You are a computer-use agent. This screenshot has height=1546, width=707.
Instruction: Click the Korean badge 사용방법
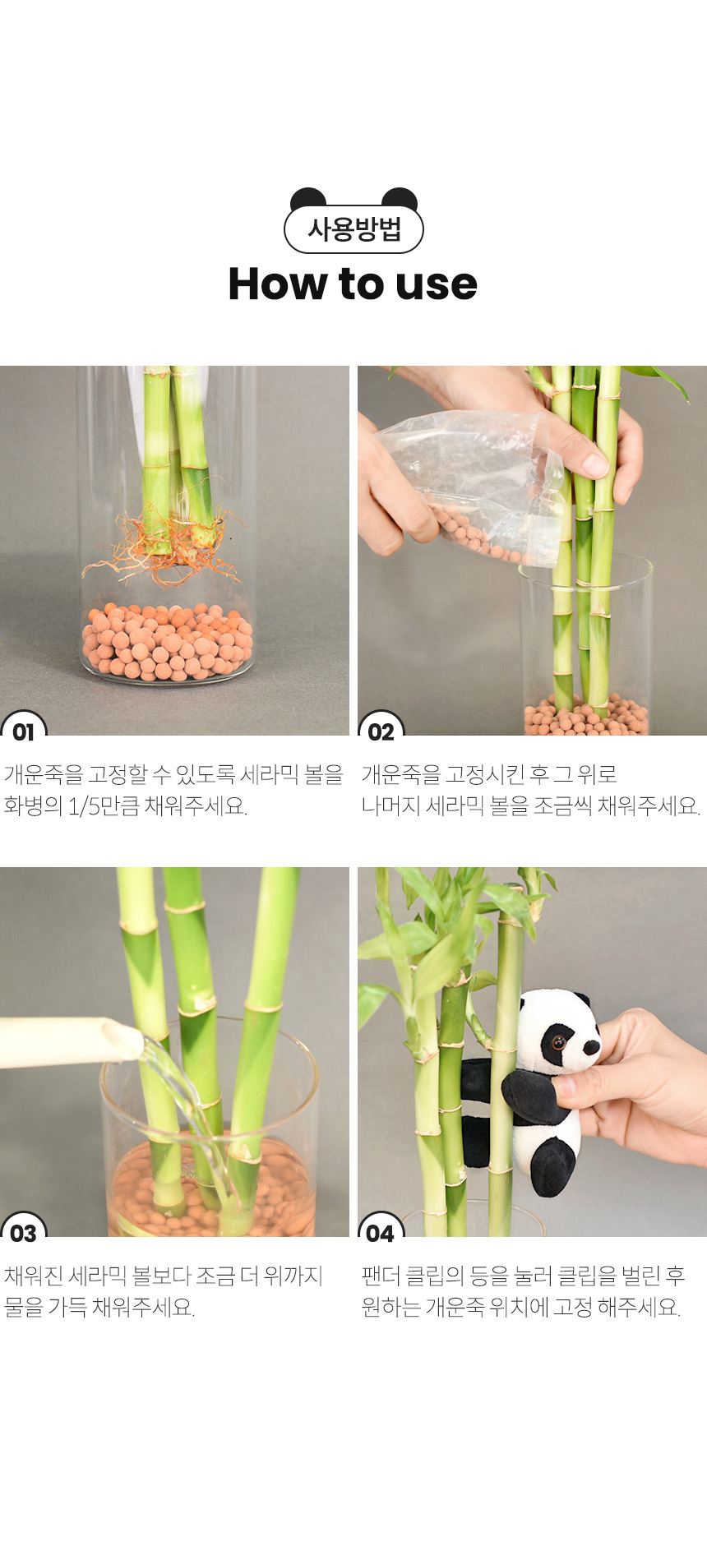coord(353,229)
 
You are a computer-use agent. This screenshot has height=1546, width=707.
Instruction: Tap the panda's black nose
coord(591,1047)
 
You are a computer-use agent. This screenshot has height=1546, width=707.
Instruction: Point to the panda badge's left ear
coord(308,197)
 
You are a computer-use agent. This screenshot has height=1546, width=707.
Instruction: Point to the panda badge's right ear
coord(400,197)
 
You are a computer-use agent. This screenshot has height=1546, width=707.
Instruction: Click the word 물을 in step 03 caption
coord(23,1307)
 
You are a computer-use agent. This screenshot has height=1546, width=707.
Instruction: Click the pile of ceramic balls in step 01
coord(167,642)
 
